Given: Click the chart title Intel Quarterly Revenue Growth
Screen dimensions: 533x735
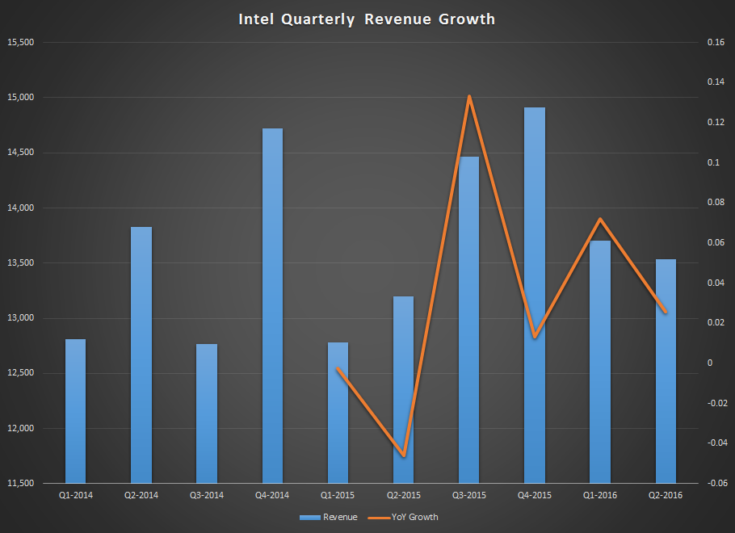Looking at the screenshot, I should pos(366,19).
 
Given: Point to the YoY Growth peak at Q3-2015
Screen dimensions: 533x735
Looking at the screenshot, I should pos(469,96).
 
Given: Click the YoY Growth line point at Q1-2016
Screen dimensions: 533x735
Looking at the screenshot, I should pos(600,219).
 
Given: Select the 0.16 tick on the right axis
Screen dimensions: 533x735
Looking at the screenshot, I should pos(716,42).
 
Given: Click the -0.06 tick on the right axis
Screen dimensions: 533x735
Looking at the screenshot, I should pos(714,483).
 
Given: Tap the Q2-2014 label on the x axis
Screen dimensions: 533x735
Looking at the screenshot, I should pos(141,494).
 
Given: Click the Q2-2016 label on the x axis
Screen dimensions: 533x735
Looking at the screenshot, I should pos(666,494).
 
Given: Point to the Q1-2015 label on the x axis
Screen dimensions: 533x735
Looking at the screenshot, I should pos(338,494).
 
